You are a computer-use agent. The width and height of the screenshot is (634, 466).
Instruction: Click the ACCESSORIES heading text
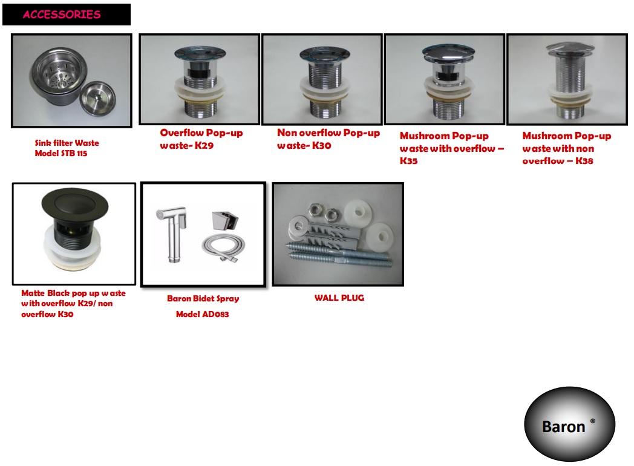click(x=62, y=15)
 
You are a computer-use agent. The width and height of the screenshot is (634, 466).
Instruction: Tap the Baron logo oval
click(x=569, y=424)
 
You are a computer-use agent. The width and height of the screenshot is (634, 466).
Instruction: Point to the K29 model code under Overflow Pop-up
click(x=204, y=146)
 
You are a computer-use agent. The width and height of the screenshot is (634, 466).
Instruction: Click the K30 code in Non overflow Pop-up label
click(x=321, y=146)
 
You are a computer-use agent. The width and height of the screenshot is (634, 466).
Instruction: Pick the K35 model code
click(x=408, y=161)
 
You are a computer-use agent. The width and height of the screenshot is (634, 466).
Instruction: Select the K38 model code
click(x=584, y=161)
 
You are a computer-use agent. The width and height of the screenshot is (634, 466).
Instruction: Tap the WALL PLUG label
click(x=339, y=298)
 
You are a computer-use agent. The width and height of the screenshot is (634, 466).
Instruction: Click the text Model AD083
click(x=202, y=314)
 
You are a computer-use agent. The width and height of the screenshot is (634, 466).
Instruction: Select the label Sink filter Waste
click(x=67, y=143)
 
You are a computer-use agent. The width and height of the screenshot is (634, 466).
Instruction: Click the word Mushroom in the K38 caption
click(x=546, y=136)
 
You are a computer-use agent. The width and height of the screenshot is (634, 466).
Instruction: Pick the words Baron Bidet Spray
click(x=203, y=298)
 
